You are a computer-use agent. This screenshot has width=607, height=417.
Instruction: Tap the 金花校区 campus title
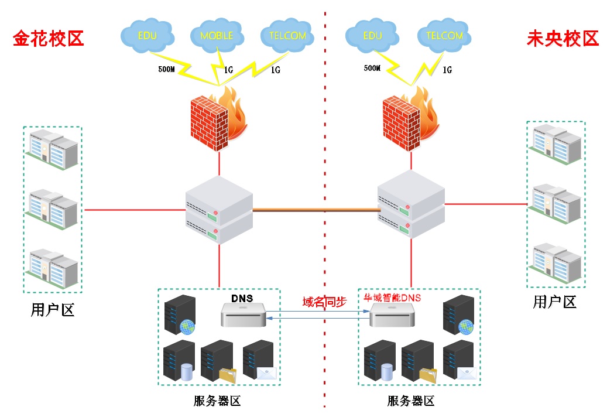tap(49, 39)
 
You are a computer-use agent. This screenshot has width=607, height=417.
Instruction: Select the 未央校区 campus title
tap(563, 39)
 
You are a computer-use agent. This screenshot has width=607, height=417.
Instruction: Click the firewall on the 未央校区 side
tap(411, 119)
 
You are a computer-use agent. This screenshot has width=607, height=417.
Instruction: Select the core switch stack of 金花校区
tap(219, 210)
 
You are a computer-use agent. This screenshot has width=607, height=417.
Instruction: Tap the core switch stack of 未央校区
tap(411, 204)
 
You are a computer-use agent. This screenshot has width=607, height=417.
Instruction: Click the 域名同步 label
tap(324, 302)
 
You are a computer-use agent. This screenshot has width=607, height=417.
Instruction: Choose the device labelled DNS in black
tap(244, 315)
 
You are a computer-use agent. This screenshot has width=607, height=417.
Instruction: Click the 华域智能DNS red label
tap(392, 298)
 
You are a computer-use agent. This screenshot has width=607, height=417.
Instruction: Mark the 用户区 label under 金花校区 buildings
tap(52, 310)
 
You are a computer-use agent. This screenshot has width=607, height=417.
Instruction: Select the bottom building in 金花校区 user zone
tap(52, 268)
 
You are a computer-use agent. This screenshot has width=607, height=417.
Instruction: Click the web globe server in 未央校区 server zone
tap(459, 315)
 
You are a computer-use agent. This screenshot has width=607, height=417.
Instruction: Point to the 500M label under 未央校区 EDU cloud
tap(372, 68)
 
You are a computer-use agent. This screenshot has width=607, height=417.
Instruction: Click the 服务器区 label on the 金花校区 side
tap(217, 401)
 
